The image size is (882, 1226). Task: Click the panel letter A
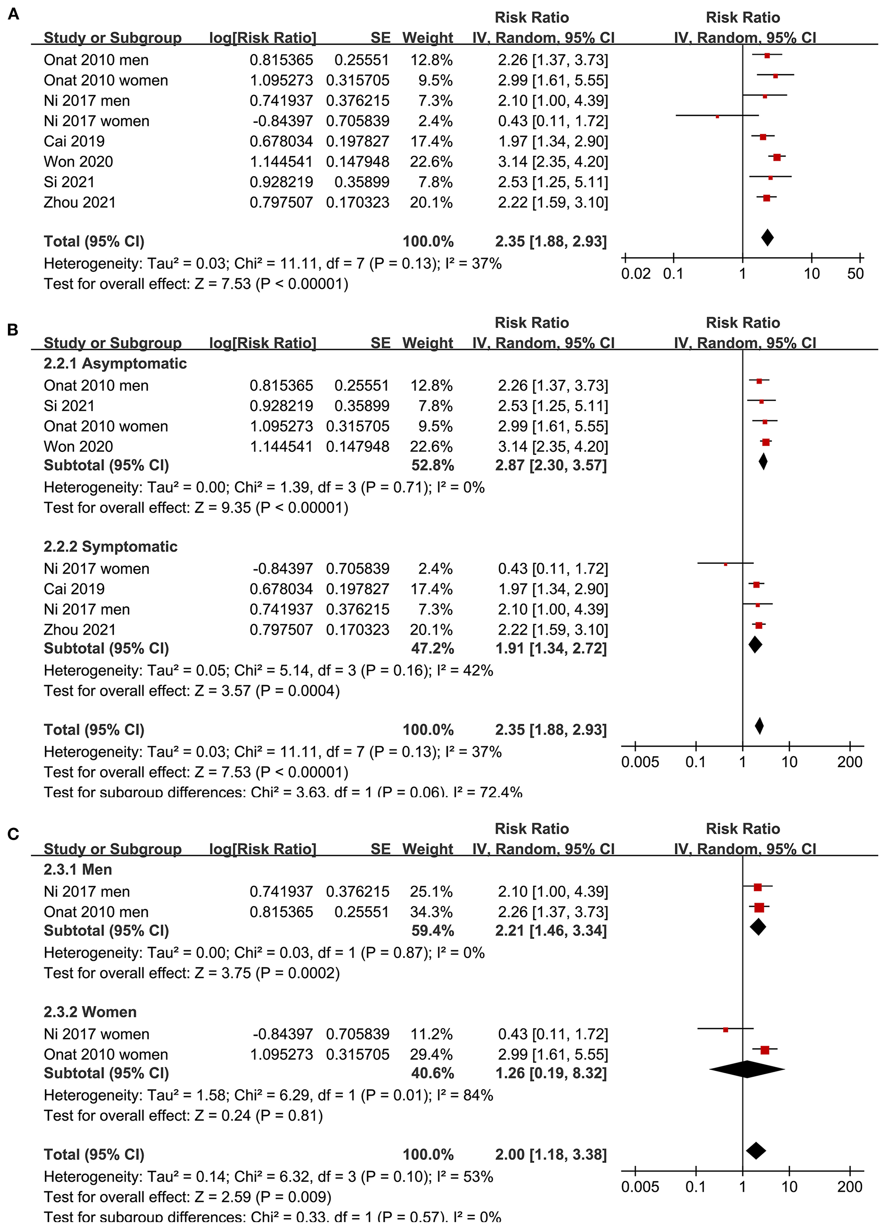coord(13,14)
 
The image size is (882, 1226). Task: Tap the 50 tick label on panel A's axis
coord(855,274)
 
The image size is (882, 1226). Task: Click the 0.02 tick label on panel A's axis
coord(636,274)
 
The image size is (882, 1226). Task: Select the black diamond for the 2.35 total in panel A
coord(767,237)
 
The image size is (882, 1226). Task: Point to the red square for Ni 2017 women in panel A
coord(717,116)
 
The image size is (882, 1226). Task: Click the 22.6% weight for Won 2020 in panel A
coord(431,162)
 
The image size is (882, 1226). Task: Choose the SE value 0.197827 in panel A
coord(357,142)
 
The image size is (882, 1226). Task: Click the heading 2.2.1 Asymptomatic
coord(115,363)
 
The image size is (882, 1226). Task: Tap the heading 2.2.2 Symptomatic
coord(110,546)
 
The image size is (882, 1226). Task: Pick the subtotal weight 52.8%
coord(432,465)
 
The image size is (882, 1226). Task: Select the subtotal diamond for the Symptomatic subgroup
coord(755,644)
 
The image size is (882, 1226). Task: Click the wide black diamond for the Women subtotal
coord(746,1069)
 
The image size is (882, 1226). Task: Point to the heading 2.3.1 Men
coord(78,869)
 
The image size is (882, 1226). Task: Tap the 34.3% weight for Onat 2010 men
coord(431,912)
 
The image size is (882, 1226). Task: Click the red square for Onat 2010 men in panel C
coord(759,908)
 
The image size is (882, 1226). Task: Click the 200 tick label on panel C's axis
coord(850,1187)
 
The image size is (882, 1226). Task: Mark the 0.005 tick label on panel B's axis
coord(640,762)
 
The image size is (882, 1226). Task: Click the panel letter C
coord(13,834)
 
